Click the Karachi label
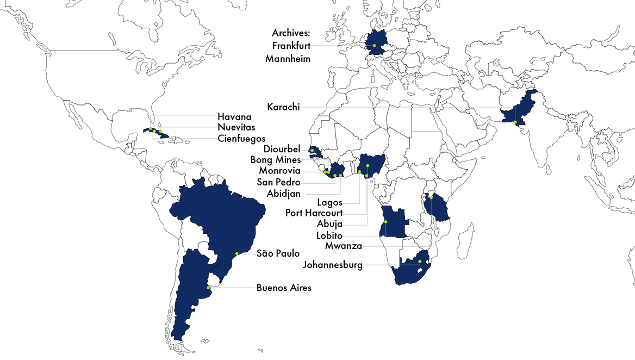[283, 107]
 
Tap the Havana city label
[234, 116]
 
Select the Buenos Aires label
[284, 288]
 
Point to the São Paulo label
[278, 253]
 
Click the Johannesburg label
[333, 265]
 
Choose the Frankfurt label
[291, 46]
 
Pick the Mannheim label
[288, 59]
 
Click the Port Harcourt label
[314, 213]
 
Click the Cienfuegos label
[241, 138]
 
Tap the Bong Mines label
[275, 160]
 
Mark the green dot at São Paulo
[236, 253]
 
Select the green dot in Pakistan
[515, 122]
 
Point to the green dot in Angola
[385, 222]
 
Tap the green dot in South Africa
[420, 262]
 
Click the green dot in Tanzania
[431, 197]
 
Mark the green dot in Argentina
[208, 288]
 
